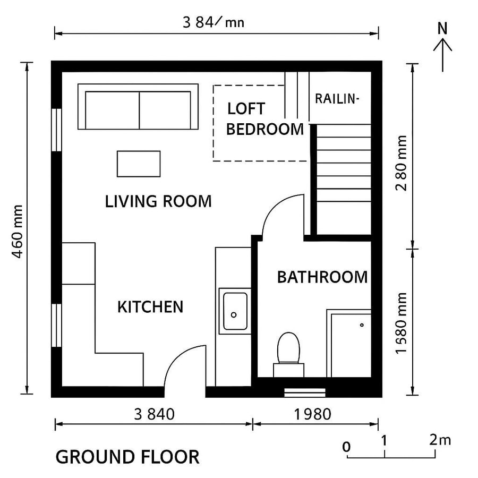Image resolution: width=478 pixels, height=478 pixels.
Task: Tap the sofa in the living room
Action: click(138, 107)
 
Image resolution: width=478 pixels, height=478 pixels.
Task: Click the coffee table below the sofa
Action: click(138, 164)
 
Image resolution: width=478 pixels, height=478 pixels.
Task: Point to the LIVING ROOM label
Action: click(158, 202)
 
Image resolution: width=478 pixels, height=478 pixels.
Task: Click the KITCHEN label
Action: click(150, 307)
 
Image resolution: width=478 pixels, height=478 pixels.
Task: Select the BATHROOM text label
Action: click(322, 277)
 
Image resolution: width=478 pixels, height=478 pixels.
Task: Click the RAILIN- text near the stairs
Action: click(337, 99)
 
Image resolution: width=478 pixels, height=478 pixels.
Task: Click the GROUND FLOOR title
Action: click(127, 457)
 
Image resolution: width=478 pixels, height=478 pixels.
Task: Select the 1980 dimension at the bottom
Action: click(313, 414)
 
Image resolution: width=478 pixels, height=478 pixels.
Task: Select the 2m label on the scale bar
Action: click(440, 440)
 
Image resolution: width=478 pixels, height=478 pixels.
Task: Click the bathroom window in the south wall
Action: click(305, 392)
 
